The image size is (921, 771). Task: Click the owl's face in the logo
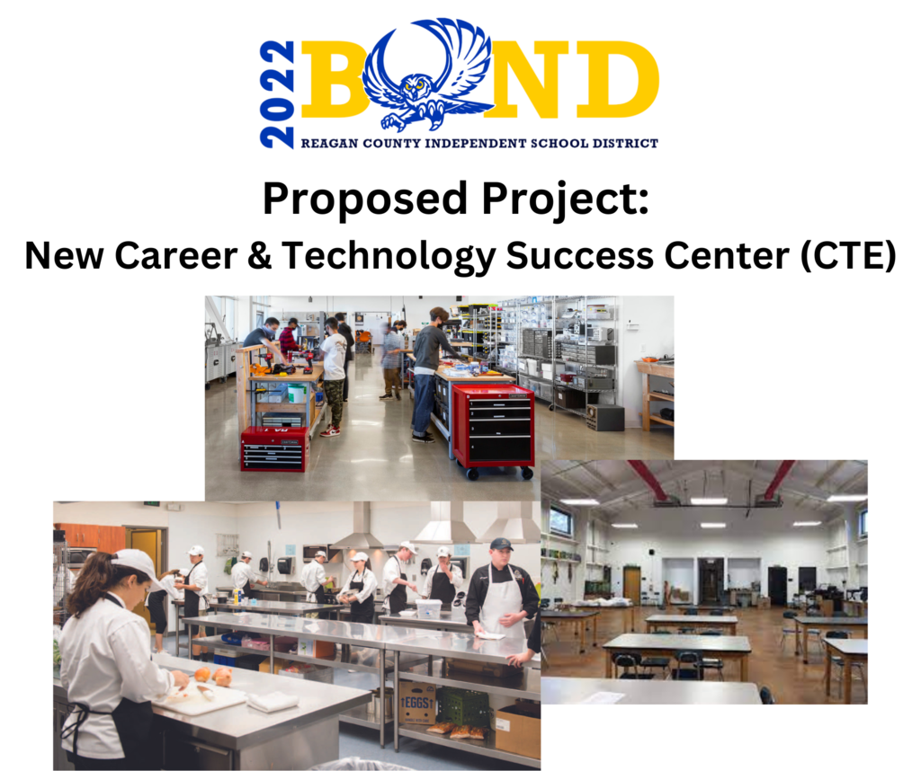pyautogui.click(x=416, y=86)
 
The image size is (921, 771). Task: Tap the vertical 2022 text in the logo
pyautogui.click(x=277, y=94)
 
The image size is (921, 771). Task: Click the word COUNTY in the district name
pyautogui.click(x=392, y=143)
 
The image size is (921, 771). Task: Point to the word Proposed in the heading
pyautogui.click(x=365, y=199)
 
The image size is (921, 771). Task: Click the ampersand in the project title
pyautogui.click(x=259, y=256)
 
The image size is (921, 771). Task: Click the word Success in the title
pyautogui.click(x=579, y=256)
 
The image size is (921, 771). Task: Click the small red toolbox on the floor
pyautogui.click(x=274, y=449)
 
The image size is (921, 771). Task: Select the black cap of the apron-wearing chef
pyautogui.click(x=501, y=544)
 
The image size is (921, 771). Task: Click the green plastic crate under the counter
pyautogui.click(x=463, y=707)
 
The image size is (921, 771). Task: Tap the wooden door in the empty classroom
pyautogui.click(x=631, y=586)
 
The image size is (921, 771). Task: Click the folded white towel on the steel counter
pyautogui.click(x=272, y=701)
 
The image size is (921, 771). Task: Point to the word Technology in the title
pyautogui.click(x=389, y=256)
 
